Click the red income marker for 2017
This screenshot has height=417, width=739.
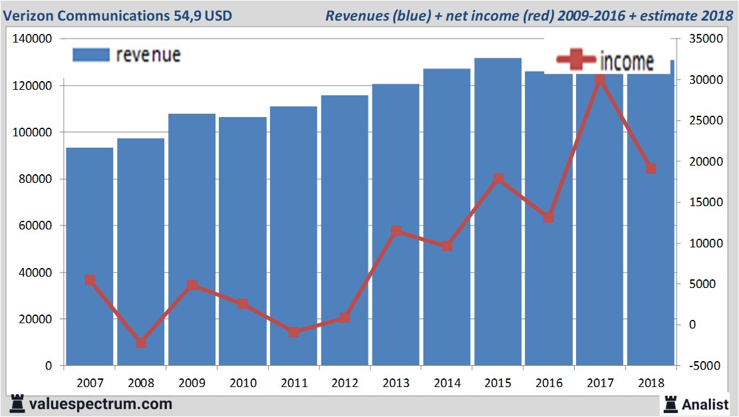(x=600, y=79)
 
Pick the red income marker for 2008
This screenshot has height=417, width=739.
(x=141, y=343)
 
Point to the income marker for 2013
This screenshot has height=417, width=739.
(x=396, y=231)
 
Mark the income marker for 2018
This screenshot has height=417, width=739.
(x=651, y=168)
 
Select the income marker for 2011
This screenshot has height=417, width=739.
(x=294, y=332)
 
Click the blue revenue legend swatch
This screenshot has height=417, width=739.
(x=90, y=55)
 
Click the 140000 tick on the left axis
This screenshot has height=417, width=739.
(x=33, y=39)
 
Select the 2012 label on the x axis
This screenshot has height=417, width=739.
(x=345, y=383)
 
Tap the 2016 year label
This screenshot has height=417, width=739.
(x=549, y=383)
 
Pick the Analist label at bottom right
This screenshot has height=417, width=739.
(x=705, y=404)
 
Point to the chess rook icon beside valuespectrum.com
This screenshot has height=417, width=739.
(x=17, y=404)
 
